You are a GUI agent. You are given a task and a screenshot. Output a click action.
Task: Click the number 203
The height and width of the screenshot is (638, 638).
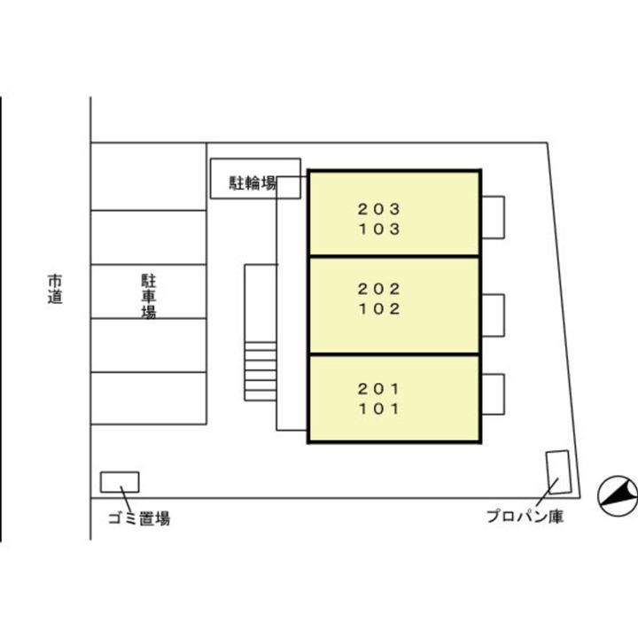pos(379,210)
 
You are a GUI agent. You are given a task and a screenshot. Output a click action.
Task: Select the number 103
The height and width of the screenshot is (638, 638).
pos(379,230)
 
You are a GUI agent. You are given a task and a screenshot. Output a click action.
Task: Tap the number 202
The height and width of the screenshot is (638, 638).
pos(379,289)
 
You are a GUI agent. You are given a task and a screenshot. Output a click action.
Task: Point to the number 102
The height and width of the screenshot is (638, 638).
pos(379,309)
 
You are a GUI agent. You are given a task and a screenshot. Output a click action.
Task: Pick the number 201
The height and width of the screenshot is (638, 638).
pos(379,388)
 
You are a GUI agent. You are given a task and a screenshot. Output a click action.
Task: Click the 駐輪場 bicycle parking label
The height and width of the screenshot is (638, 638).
pos(253,184)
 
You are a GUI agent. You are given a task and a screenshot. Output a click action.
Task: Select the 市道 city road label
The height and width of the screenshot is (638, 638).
pos(55,291)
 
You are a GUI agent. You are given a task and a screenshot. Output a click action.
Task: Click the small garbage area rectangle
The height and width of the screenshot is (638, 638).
pos(120,482)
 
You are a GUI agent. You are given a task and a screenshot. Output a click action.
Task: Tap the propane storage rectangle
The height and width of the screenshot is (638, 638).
pos(557,473)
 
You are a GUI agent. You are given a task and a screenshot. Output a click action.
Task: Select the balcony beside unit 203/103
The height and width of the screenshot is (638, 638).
pos(493,216)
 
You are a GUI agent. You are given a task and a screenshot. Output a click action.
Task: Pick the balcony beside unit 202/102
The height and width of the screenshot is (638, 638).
pos(493,315)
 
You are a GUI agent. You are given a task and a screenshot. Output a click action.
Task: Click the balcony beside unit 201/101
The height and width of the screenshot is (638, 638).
pos(493,396)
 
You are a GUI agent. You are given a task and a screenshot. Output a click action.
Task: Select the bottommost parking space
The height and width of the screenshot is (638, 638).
pos(149,399)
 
